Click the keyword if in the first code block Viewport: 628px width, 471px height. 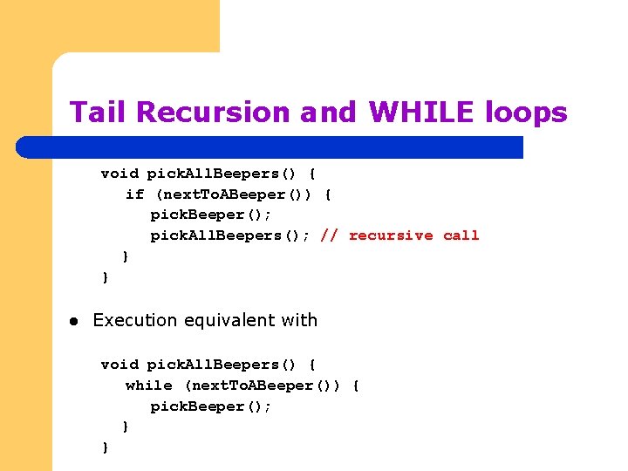pyautogui.click(x=134, y=194)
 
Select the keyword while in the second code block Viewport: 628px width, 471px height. pyautogui.click(x=148, y=385)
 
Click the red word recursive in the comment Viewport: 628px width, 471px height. pyautogui.click(x=390, y=235)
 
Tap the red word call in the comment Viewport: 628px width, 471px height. pyautogui.click(x=461, y=235)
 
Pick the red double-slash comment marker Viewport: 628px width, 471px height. pyautogui.click(x=329, y=235)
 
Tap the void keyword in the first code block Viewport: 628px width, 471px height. pyautogui.click(x=119, y=173)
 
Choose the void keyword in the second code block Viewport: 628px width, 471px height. pyautogui.click(x=119, y=364)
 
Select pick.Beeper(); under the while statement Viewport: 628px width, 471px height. pyautogui.click(x=210, y=406)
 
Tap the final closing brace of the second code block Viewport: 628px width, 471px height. pyautogui.click(x=106, y=447)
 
